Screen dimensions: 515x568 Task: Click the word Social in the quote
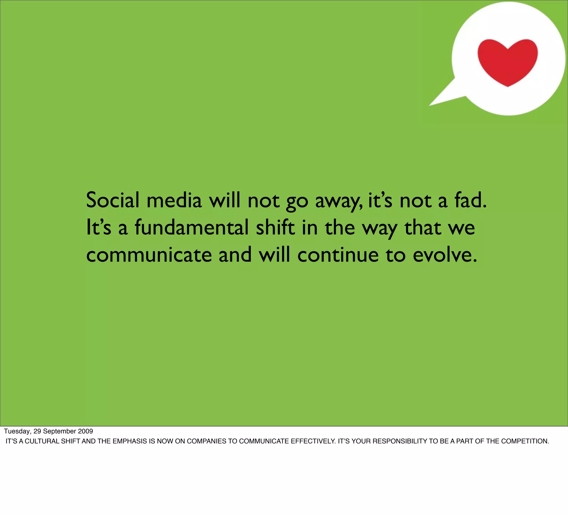click(113, 200)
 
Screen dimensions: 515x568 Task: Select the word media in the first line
click(174, 200)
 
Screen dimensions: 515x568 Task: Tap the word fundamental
click(192, 228)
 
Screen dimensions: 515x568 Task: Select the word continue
click(338, 255)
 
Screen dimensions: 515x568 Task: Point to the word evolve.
click(445, 255)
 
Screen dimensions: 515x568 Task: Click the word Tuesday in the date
click(17, 431)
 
